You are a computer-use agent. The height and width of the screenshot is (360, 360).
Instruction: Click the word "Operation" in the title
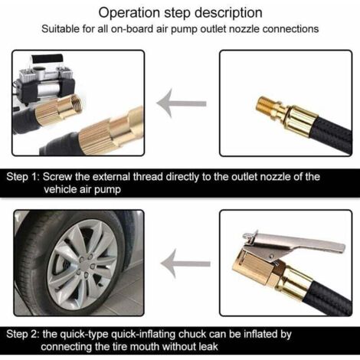(129, 13)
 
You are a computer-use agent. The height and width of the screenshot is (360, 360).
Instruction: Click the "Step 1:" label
(22, 177)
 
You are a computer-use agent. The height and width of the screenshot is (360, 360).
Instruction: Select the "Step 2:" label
(22, 334)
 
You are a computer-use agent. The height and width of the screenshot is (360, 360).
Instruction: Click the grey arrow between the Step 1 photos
(182, 103)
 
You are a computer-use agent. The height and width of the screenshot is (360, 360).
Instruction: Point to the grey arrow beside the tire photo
(185, 263)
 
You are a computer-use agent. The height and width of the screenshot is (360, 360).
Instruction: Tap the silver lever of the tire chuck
(293, 244)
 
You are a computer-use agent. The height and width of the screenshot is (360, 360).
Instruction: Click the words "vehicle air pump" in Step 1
(82, 189)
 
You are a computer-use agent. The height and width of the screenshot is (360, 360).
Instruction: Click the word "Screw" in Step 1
(57, 177)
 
